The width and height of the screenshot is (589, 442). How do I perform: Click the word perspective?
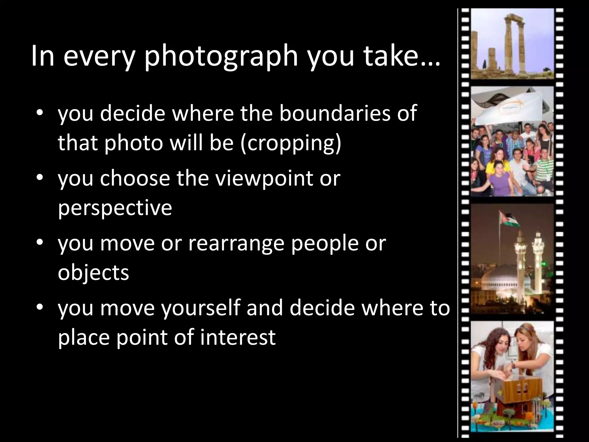point(115,208)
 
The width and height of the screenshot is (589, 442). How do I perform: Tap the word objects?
point(93,273)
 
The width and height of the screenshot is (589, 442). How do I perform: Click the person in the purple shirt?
point(486,178)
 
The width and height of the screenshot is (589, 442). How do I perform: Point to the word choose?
point(135,178)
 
